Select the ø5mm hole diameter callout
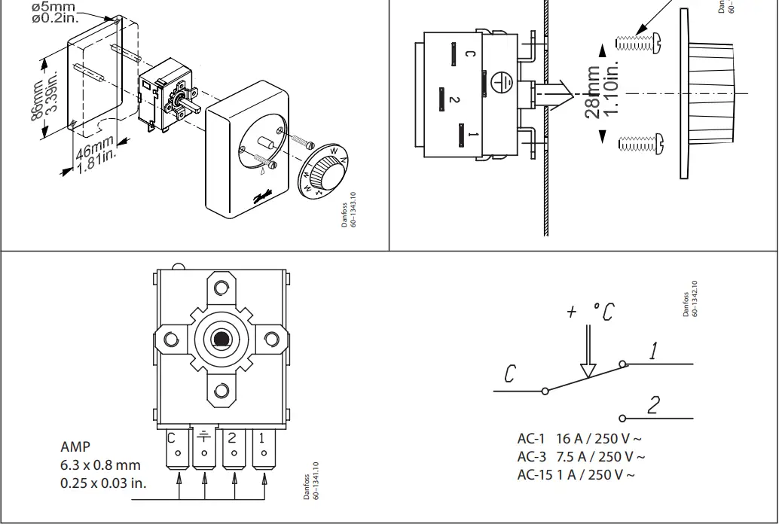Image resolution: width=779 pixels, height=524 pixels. point(55,12)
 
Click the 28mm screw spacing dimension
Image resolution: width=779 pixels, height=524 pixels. point(602,90)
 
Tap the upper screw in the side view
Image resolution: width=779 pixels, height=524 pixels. point(638,42)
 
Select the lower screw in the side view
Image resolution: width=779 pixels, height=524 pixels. point(638,142)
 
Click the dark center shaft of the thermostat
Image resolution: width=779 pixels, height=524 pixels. point(221,340)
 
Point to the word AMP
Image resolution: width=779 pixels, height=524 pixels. point(75,446)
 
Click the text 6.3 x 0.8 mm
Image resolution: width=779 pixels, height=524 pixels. point(100,465)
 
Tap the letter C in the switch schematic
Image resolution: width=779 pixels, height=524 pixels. point(510,373)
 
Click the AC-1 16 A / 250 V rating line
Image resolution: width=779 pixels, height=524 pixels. point(579,439)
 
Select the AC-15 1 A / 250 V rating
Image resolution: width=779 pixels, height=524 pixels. point(575,474)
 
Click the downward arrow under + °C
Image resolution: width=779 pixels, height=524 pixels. point(588,359)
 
